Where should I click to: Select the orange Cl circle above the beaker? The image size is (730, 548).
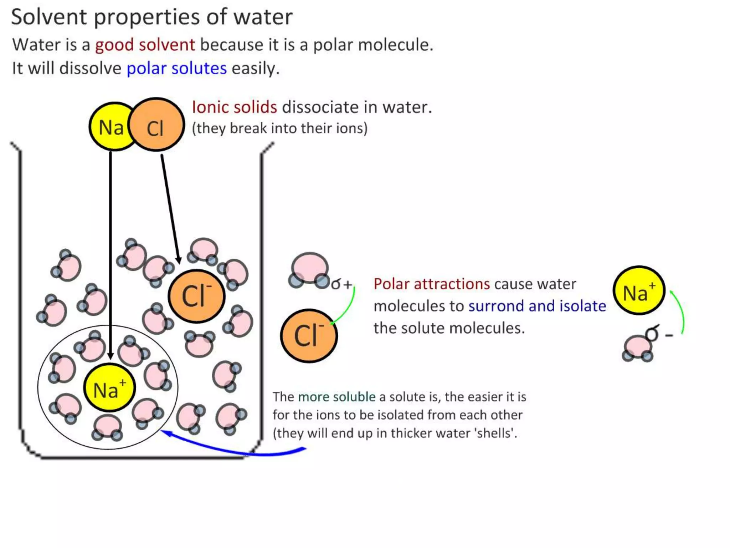point(157,125)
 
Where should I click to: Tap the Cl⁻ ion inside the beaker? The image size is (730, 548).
point(197,296)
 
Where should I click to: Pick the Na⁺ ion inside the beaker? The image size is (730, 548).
point(109,388)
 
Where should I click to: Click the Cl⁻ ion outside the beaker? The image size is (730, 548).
point(309,336)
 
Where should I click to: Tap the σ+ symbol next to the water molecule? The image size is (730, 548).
point(341,284)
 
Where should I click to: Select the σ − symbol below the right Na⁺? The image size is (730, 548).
point(658,334)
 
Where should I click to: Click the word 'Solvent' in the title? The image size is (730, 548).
point(49,17)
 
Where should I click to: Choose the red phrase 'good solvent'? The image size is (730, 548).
point(145,45)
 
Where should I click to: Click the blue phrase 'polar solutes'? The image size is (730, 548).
point(176,68)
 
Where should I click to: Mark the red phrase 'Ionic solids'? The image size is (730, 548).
point(234,107)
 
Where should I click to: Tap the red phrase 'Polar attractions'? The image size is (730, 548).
point(432,284)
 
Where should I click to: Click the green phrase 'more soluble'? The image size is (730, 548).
point(336,397)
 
